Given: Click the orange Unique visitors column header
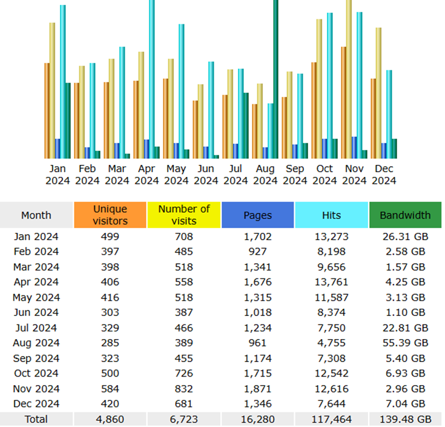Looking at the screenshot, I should click(110, 215).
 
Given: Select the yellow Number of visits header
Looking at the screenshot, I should click(183, 215).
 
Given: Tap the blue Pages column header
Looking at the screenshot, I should click(257, 215).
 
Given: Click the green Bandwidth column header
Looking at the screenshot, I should click(405, 215).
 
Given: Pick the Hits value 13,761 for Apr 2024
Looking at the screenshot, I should click(332, 282).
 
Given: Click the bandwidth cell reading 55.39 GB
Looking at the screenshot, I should click(405, 343).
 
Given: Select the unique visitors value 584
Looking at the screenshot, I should click(110, 388).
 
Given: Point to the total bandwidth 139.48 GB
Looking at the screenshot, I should click(405, 419).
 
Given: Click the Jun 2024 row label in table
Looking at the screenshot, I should click(36, 312).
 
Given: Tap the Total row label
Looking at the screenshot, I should click(36, 419).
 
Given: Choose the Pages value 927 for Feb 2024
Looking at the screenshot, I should click(257, 252).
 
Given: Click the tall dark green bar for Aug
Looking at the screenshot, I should click(275, 79).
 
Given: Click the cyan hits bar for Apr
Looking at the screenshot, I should click(152, 79).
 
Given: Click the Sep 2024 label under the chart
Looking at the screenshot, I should click(295, 175).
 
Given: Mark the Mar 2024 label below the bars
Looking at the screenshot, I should click(117, 175).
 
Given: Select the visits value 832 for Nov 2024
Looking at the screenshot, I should click(183, 388).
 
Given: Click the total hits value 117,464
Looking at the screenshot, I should click(332, 419).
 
